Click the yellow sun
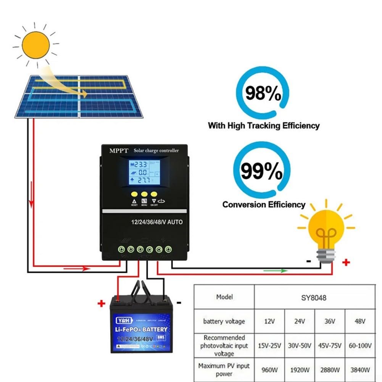[x=36, y=45]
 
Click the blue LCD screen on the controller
[x=144, y=173]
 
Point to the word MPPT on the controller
[x=118, y=151]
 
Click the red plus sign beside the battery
[x=101, y=304]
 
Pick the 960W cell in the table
[x=269, y=369]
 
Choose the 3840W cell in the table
[x=360, y=369]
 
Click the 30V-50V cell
[x=300, y=345]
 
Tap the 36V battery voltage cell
[x=330, y=321]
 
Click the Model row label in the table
[x=224, y=297]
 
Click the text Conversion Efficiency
[x=264, y=205]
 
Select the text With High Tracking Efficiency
[x=264, y=125]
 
